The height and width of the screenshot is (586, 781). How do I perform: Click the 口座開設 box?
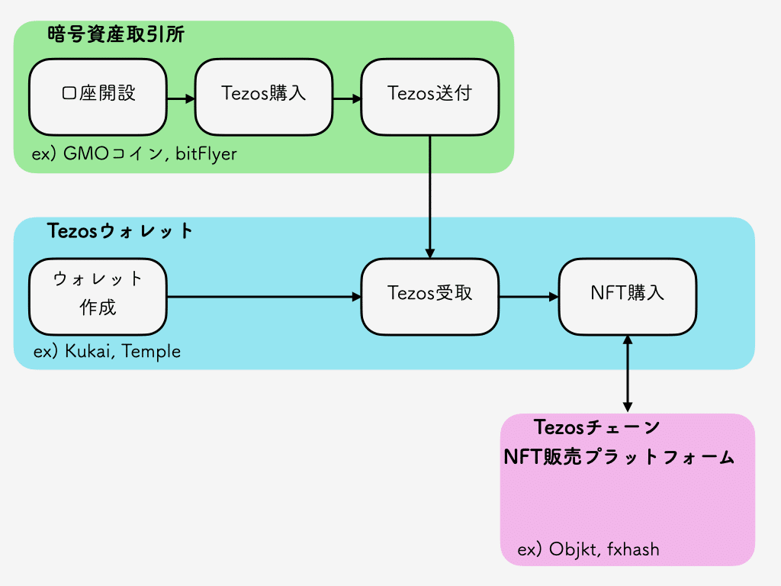click(x=98, y=97)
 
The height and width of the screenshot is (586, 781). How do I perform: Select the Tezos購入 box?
click(x=263, y=97)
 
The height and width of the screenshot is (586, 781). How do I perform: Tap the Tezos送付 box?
click(x=429, y=97)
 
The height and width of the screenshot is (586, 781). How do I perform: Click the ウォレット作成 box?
click(x=98, y=296)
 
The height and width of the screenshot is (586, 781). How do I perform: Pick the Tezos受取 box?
click(x=429, y=296)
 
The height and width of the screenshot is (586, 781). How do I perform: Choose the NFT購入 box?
click(x=627, y=296)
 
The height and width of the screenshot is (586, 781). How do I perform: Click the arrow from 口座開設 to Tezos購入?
click(x=181, y=98)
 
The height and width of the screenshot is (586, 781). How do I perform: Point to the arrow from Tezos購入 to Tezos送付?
click(x=346, y=98)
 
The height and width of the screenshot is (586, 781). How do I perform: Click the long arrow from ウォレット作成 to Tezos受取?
click(x=263, y=297)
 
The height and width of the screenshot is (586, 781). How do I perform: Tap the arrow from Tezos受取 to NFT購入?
click(x=528, y=297)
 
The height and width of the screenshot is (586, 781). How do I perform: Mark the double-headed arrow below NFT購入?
click(x=627, y=374)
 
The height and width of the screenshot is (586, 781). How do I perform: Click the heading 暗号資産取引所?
click(x=115, y=35)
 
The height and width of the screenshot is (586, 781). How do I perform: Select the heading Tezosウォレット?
click(x=121, y=231)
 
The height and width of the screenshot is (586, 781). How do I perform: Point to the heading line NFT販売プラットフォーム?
click(x=619, y=458)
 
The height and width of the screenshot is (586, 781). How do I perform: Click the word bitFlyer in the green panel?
click(x=206, y=154)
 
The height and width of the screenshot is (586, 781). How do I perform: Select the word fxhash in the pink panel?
click(x=634, y=549)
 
